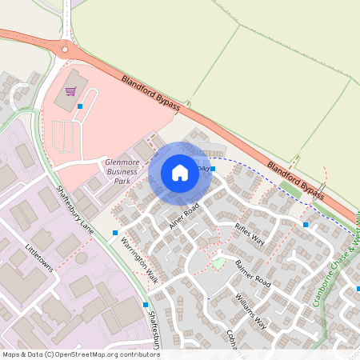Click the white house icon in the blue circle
coord(180,172)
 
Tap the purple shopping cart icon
coord(70,91)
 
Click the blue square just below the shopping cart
coord(80,106)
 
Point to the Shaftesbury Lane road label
coord(75,207)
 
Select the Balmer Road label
coord(253,274)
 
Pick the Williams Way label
coord(251,312)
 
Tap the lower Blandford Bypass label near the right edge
coord(296,181)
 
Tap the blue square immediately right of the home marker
coord(213,169)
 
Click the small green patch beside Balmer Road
coord(218,262)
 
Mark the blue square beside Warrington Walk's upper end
coord(115,233)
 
